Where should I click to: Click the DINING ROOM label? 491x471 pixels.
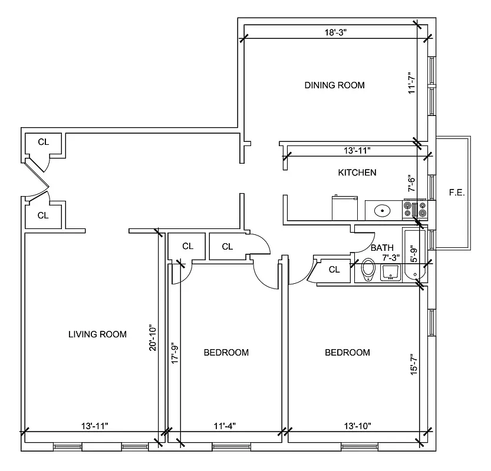tap(334, 85)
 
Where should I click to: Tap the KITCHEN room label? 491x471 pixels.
tap(357, 173)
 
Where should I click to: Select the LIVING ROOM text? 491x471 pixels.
tap(97, 334)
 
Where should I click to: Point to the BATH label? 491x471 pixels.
tap(382, 248)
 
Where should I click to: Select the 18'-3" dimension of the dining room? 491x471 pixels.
tap(334, 34)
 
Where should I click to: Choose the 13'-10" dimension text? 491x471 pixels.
tap(357, 426)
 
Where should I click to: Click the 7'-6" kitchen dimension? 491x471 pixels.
tap(413, 184)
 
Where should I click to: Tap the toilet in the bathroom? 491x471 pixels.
tap(368, 271)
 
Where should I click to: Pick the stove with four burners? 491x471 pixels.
tap(414, 210)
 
